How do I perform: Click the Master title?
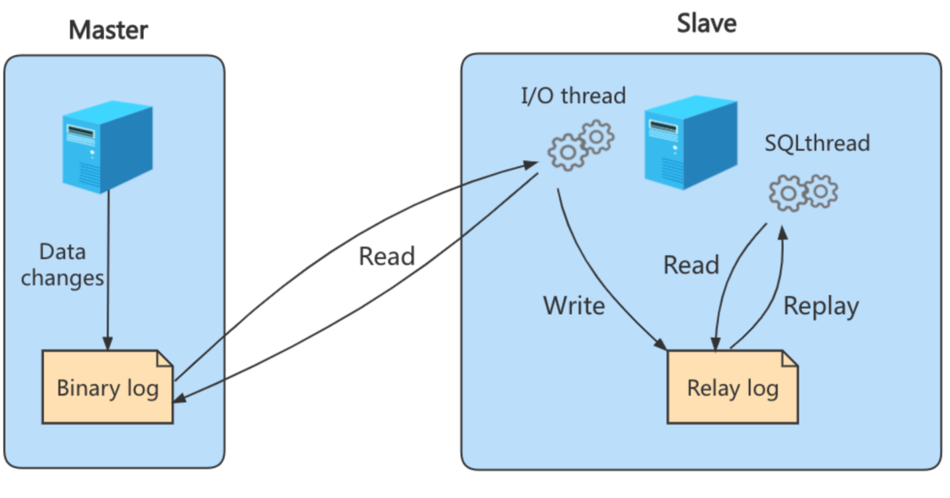click(x=108, y=30)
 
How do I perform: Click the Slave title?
click(x=706, y=24)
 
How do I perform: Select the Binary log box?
click(x=108, y=387)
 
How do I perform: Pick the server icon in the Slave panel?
click(x=690, y=142)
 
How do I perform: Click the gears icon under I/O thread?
click(x=580, y=145)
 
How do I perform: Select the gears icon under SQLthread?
click(x=803, y=193)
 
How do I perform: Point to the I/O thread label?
click(x=573, y=96)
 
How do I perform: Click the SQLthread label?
click(x=817, y=143)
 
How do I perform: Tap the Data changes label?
click(x=62, y=264)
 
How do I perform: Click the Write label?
click(x=574, y=305)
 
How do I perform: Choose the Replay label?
click(x=821, y=306)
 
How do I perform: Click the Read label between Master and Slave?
click(x=386, y=256)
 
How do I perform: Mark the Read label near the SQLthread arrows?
click(x=691, y=265)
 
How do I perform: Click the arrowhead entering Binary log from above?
click(x=108, y=343)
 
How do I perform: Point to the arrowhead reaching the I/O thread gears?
click(x=534, y=163)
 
